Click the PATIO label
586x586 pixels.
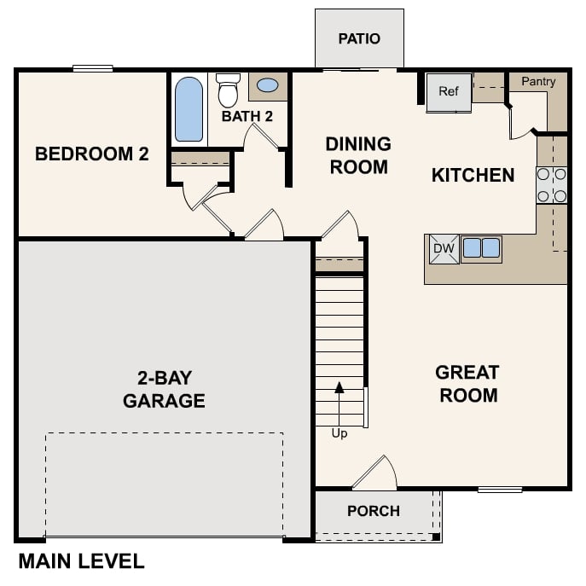(x=359, y=39)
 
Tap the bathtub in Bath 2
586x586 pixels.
(x=189, y=109)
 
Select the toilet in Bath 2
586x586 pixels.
(x=228, y=89)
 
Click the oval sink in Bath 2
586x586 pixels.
(x=267, y=85)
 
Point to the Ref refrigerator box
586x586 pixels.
(x=449, y=91)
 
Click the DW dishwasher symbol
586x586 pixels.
(x=443, y=248)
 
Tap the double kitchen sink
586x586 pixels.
(x=481, y=248)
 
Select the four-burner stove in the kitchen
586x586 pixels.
(x=552, y=185)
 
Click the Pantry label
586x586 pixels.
(x=538, y=82)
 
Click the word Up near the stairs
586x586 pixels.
(x=339, y=433)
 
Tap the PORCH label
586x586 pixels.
(x=374, y=511)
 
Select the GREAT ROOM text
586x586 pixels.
(x=467, y=384)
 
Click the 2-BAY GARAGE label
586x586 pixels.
(x=164, y=389)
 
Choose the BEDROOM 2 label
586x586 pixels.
(x=92, y=154)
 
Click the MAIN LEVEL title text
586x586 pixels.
(x=81, y=561)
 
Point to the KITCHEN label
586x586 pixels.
(x=473, y=176)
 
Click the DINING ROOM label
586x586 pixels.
(x=358, y=155)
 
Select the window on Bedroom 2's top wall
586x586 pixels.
(x=93, y=69)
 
